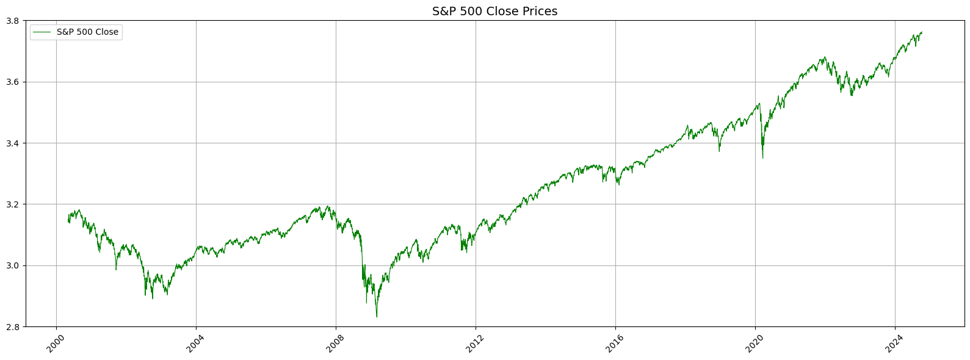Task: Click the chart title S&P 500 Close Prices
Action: coord(494,11)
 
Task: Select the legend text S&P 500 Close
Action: coord(87,32)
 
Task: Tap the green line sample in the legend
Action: coord(43,32)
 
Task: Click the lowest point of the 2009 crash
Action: coord(377,317)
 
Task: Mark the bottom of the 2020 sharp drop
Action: coord(762,158)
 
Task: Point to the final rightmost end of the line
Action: coord(922,32)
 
